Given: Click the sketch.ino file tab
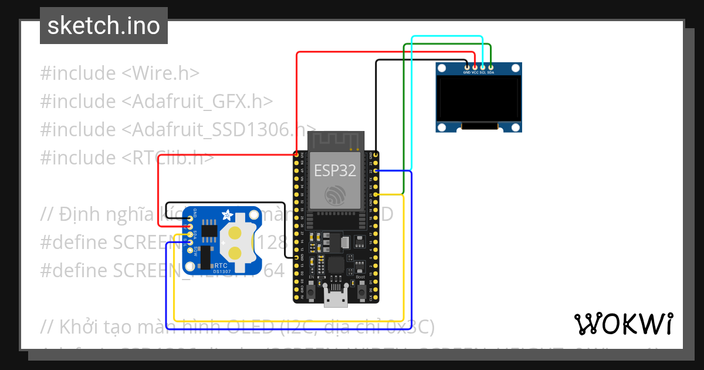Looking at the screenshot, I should click(x=104, y=26).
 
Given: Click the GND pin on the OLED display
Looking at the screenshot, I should click(x=467, y=68).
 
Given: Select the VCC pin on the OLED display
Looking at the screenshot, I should click(x=475, y=68).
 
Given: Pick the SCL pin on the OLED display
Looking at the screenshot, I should click(x=483, y=68).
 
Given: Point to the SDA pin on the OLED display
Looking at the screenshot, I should click(x=490, y=68).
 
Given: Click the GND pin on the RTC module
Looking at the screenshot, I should click(x=189, y=218).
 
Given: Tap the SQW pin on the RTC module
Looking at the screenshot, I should click(x=189, y=250).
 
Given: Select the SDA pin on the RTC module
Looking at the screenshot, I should click(x=189, y=234).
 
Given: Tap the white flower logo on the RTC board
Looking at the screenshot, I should click(x=226, y=214).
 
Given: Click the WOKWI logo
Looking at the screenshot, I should click(x=623, y=324).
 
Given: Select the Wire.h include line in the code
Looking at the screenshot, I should click(x=120, y=73).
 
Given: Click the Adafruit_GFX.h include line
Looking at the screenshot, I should click(x=156, y=102).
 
